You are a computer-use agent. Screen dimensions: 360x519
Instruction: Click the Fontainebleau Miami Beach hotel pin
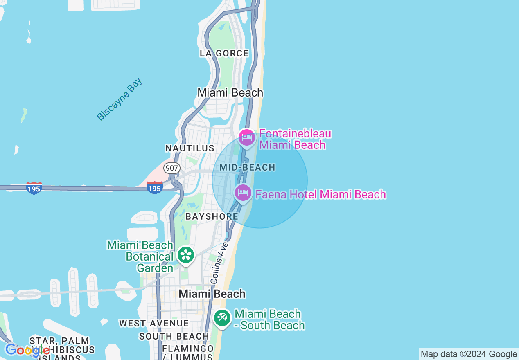click(x=247, y=137)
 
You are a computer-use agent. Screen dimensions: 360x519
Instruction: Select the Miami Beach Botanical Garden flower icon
click(x=186, y=255)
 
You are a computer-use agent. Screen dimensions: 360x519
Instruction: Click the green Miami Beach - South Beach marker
click(x=222, y=318)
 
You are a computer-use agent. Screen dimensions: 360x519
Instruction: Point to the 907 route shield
click(x=172, y=168)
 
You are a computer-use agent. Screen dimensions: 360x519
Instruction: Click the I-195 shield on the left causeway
click(x=34, y=188)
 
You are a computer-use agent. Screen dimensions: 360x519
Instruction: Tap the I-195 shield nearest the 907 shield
click(x=154, y=188)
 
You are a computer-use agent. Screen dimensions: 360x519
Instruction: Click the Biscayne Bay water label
click(x=119, y=99)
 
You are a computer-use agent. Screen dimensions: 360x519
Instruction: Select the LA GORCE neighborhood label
click(x=224, y=53)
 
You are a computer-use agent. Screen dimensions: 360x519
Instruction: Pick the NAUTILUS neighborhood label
click(x=190, y=148)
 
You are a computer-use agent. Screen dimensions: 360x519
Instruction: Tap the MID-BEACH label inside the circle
click(x=247, y=167)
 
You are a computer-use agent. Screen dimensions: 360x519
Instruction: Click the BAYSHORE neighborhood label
click(x=212, y=216)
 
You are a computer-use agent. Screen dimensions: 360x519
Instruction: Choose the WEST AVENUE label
click(x=154, y=323)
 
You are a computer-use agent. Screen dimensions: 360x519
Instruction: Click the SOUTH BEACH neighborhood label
click(x=174, y=336)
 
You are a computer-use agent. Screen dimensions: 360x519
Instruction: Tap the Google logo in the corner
click(x=27, y=350)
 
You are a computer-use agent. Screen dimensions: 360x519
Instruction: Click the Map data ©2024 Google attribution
click(x=469, y=354)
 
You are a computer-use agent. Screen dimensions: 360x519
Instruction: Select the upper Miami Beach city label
click(x=230, y=92)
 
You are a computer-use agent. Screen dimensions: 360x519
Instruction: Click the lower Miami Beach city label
click(x=212, y=294)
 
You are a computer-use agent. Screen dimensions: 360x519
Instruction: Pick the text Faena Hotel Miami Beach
click(x=320, y=194)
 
